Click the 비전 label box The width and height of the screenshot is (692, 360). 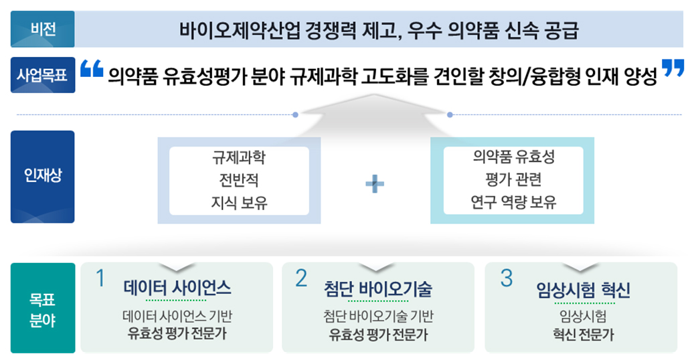42,29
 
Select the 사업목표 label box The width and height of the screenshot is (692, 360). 43,75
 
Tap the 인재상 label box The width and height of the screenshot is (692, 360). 42,177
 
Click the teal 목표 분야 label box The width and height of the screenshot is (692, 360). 43,308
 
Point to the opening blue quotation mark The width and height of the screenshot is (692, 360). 92,68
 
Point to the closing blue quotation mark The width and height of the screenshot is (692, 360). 673,68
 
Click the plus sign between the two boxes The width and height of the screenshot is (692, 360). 375,184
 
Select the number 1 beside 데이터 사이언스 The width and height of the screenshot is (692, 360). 100,278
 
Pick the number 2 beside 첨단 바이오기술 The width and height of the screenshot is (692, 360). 301,278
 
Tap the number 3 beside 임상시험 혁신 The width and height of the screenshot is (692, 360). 507,278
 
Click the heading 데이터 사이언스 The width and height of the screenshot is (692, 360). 177,288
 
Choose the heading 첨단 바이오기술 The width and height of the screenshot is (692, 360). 378,288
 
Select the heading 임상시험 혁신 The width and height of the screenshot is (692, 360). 583,290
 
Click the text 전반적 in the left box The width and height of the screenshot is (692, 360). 239,180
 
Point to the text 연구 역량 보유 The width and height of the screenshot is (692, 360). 513,202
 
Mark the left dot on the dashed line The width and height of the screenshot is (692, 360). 295,114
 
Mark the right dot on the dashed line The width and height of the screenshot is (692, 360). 450,114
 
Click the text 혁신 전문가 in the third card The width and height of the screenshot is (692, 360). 583,335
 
